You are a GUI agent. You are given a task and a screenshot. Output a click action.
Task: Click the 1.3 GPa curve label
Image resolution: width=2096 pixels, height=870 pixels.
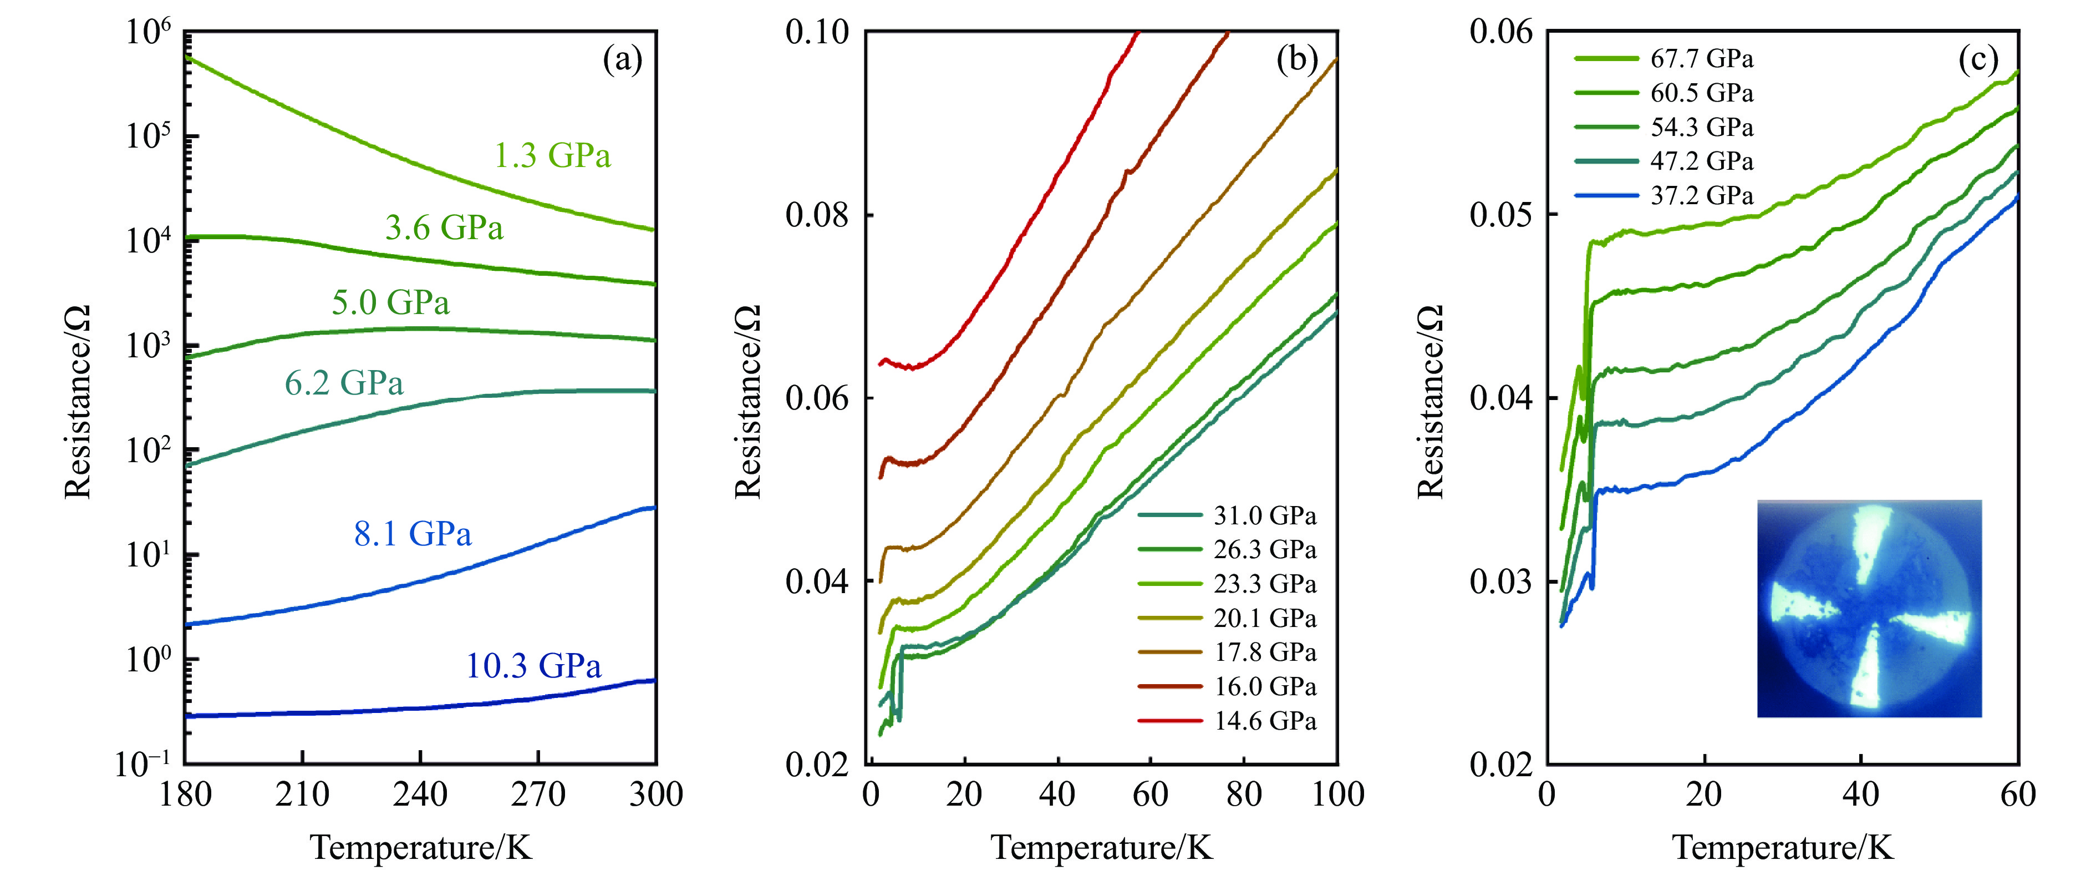pos(552,155)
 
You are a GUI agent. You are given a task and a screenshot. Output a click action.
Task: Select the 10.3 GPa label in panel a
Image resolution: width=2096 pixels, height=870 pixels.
pos(533,666)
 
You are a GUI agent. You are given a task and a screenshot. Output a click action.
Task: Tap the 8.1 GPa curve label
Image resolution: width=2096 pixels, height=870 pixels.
pos(413,534)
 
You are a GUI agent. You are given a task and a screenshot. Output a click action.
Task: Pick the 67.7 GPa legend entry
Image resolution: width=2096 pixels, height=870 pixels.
pos(1701,59)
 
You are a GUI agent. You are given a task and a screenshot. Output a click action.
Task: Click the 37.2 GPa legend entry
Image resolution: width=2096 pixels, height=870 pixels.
pos(1701,195)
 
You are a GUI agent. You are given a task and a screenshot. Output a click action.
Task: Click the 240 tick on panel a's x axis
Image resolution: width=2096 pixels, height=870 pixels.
pos(420,793)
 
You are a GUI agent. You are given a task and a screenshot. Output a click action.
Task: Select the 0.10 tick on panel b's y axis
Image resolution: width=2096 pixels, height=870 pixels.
pos(817,33)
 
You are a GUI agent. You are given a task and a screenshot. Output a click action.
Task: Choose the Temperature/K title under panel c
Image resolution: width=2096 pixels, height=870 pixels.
pos(1783,848)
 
